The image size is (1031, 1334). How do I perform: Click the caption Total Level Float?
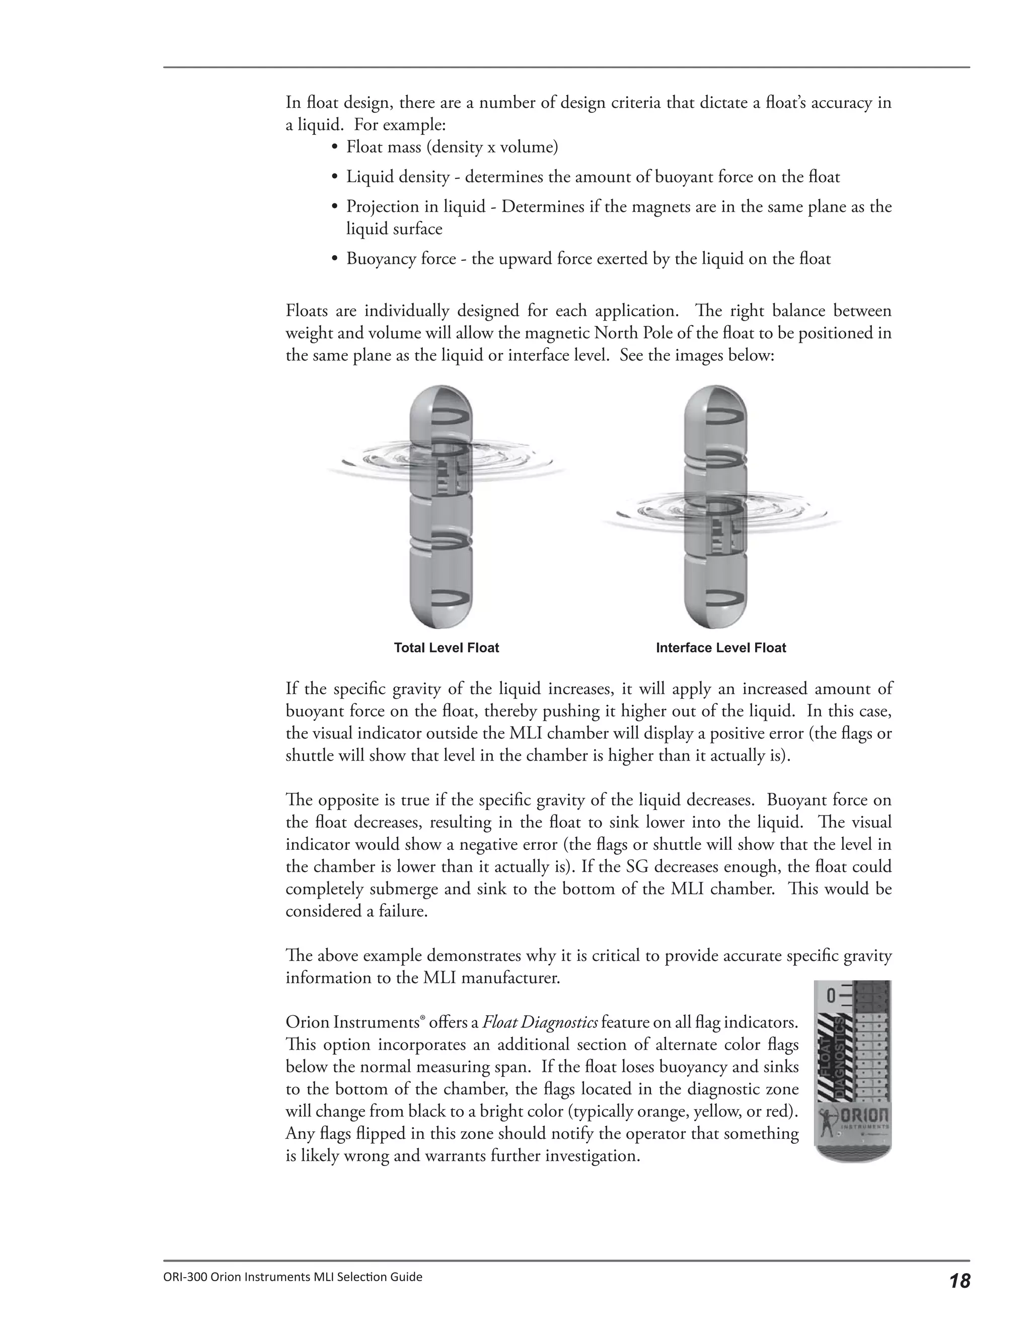(x=446, y=648)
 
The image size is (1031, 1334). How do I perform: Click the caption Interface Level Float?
(x=721, y=648)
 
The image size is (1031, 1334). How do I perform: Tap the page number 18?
(x=960, y=1280)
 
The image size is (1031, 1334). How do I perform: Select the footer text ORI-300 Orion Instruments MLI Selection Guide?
(x=292, y=1277)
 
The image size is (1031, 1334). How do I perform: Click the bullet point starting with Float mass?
(x=452, y=147)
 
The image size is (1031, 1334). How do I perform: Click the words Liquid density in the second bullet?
(x=400, y=177)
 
